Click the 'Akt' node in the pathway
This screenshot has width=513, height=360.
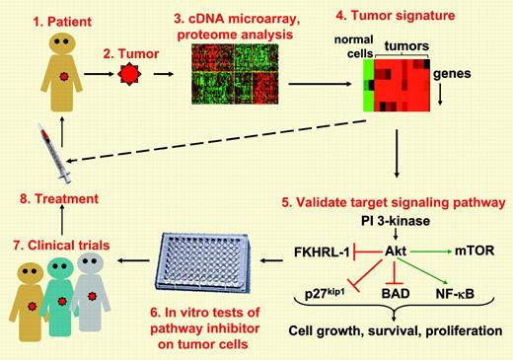pyautogui.click(x=398, y=252)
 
